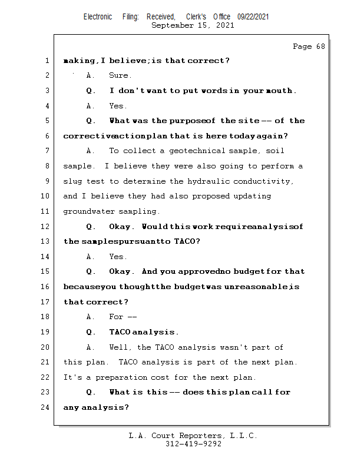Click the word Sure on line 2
pos(120,75)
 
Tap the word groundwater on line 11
pos(88,211)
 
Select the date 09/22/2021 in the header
pos(253,17)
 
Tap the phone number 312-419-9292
pos(193,444)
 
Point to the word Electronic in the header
pos(98,17)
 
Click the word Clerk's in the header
pos(196,17)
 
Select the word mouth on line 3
pos(278,91)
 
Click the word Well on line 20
pos(121,347)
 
